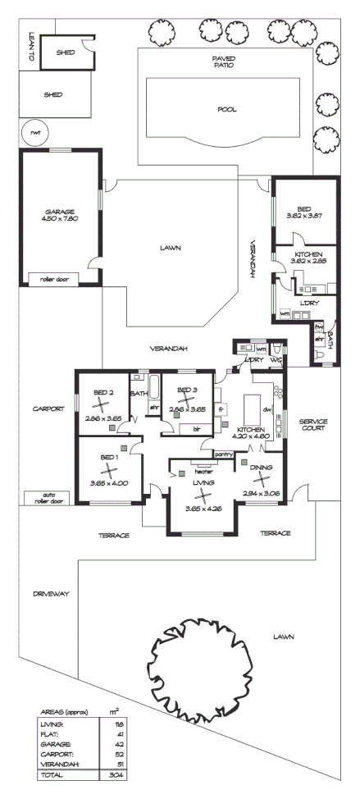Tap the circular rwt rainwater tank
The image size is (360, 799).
[x=34, y=135]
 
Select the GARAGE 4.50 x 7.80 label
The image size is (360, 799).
[x=60, y=215]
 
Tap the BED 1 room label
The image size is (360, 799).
[x=110, y=457]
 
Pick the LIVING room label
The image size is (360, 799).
[x=203, y=484]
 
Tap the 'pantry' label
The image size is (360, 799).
[x=223, y=453]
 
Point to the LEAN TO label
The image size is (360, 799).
[x=30, y=48]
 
